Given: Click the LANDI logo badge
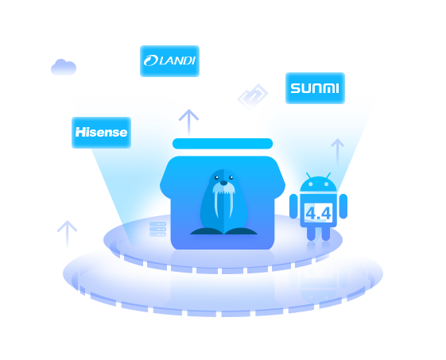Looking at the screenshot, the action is [169, 61].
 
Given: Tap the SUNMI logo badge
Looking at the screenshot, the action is [315, 88].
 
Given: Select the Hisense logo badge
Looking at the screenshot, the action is [101, 133].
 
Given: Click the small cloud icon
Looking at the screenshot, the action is [64, 67].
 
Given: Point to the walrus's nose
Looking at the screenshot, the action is [224, 183].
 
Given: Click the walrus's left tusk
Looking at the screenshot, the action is [216, 204].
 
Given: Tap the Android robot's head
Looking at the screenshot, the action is [319, 184].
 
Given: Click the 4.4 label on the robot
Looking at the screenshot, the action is [318, 213].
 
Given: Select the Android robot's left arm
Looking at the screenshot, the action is [293, 207].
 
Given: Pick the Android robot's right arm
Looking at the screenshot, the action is [343, 207].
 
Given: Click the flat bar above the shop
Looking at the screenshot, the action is [223, 144].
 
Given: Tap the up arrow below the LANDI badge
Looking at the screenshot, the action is [188, 123].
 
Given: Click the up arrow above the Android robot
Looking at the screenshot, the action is [338, 151].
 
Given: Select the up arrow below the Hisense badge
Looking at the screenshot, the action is [67, 234].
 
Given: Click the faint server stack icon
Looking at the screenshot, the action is [158, 229].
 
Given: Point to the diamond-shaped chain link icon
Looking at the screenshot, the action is [253, 97].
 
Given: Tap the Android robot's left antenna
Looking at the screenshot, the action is [308, 176].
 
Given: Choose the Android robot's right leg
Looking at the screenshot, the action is [326, 234].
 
